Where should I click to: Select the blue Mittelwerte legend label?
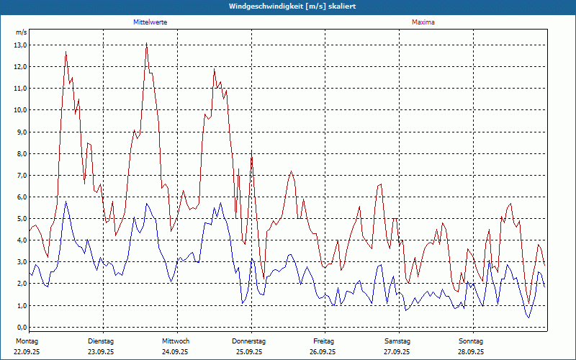(x=150, y=22)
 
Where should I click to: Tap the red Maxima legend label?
(x=423, y=22)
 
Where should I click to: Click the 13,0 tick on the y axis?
(x=20, y=45)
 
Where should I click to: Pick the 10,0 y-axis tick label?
(x=20, y=110)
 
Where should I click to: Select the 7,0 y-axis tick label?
(x=20, y=175)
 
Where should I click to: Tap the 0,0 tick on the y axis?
(x=22, y=327)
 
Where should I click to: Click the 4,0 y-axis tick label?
(x=22, y=240)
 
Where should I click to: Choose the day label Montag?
(x=27, y=341)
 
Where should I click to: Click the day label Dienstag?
(x=101, y=341)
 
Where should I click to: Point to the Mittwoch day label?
(x=176, y=341)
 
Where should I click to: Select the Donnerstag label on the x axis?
(x=249, y=341)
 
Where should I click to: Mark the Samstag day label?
(x=397, y=341)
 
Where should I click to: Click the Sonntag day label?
(x=472, y=341)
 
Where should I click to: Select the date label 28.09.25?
(x=472, y=352)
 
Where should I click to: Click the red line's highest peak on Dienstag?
(x=146, y=44)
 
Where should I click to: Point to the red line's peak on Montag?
(x=66, y=52)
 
